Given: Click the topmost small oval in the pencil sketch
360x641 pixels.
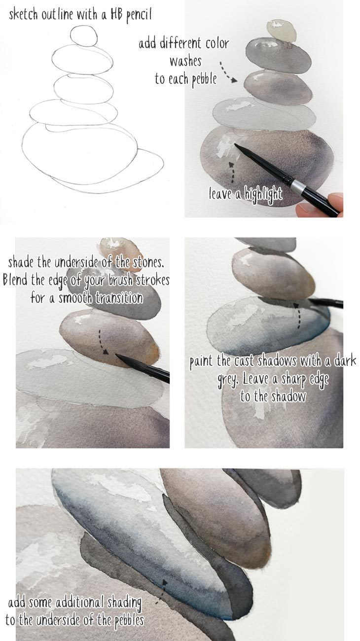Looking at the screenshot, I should [x=84, y=36].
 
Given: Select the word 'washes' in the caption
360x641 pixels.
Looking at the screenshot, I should [x=185, y=62].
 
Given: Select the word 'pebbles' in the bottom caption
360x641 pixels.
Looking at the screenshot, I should [x=123, y=619].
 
